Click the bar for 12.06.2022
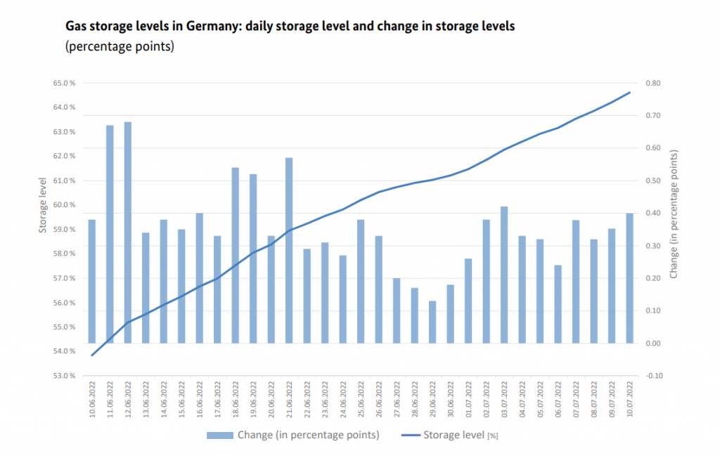(x=128, y=233)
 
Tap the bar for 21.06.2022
(x=289, y=250)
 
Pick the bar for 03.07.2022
(x=504, y=275)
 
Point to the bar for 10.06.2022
(x=92, y=281)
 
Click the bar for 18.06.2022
(x=236, y=255)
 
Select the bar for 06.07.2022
(x=558, y=304)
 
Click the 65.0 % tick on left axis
(x=64, y=84)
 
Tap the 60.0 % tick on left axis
(x=64, y=205)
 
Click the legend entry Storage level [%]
(x=461, y=436)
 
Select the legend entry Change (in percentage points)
(x=308, y=436)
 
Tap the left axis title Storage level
(x=43, y=205)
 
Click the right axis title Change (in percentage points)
(x=674, y=214)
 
